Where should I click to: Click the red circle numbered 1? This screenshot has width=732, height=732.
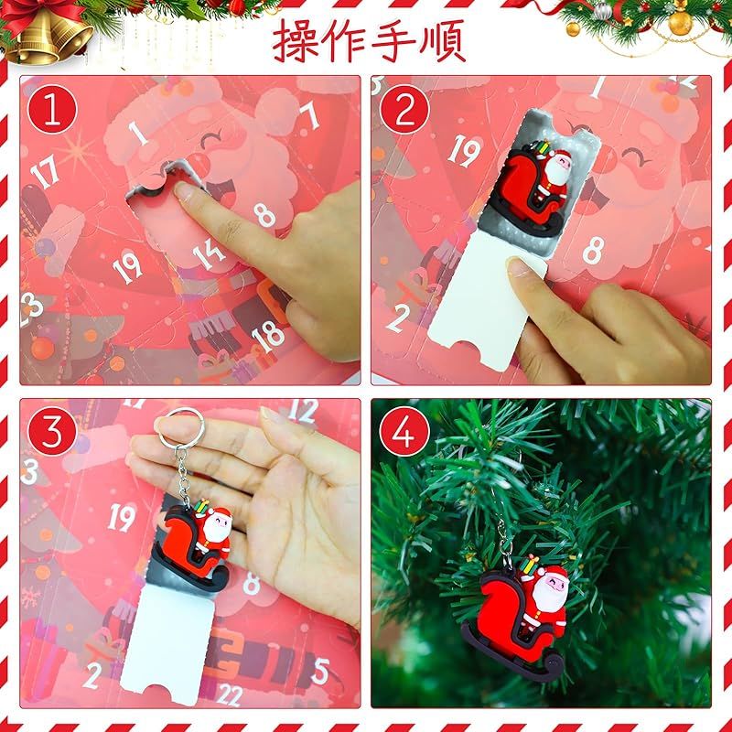click(52, 109)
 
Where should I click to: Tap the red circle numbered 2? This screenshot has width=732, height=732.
click(404, 109)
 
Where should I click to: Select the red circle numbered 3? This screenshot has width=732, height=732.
click(52, 431)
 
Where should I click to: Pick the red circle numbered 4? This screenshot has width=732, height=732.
click(404, 431)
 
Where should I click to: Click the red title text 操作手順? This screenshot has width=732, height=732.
click(369, 41)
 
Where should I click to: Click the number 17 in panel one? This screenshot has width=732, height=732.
click(45, 171)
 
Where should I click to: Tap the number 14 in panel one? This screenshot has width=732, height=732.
click(209, 255)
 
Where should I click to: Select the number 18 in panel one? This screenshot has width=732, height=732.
click(268, 337)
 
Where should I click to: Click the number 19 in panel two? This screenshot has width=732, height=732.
click(464, 150)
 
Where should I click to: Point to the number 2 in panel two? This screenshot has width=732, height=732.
click(398, 318)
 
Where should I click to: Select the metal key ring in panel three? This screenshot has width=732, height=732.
click(180, 429)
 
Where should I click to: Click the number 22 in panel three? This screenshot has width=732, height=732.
click(230, 695)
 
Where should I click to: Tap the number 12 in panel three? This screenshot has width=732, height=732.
click(304, 411)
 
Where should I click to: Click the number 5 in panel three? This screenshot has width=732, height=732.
click(320, 672)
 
